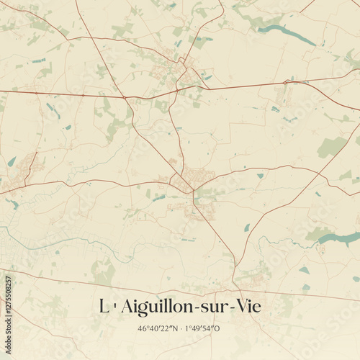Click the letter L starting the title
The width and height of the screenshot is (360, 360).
(102, 307)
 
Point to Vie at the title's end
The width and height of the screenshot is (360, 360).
(248, 307)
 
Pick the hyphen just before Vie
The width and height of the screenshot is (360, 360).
(233, 308)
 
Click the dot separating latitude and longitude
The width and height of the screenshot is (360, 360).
(181, 329)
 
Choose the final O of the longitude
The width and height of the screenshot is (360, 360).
(219, 329)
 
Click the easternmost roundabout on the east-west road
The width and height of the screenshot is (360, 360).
(286, 83)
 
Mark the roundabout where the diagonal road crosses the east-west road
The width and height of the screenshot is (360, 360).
(124, 96)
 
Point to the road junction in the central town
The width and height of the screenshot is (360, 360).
(192, 191)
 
